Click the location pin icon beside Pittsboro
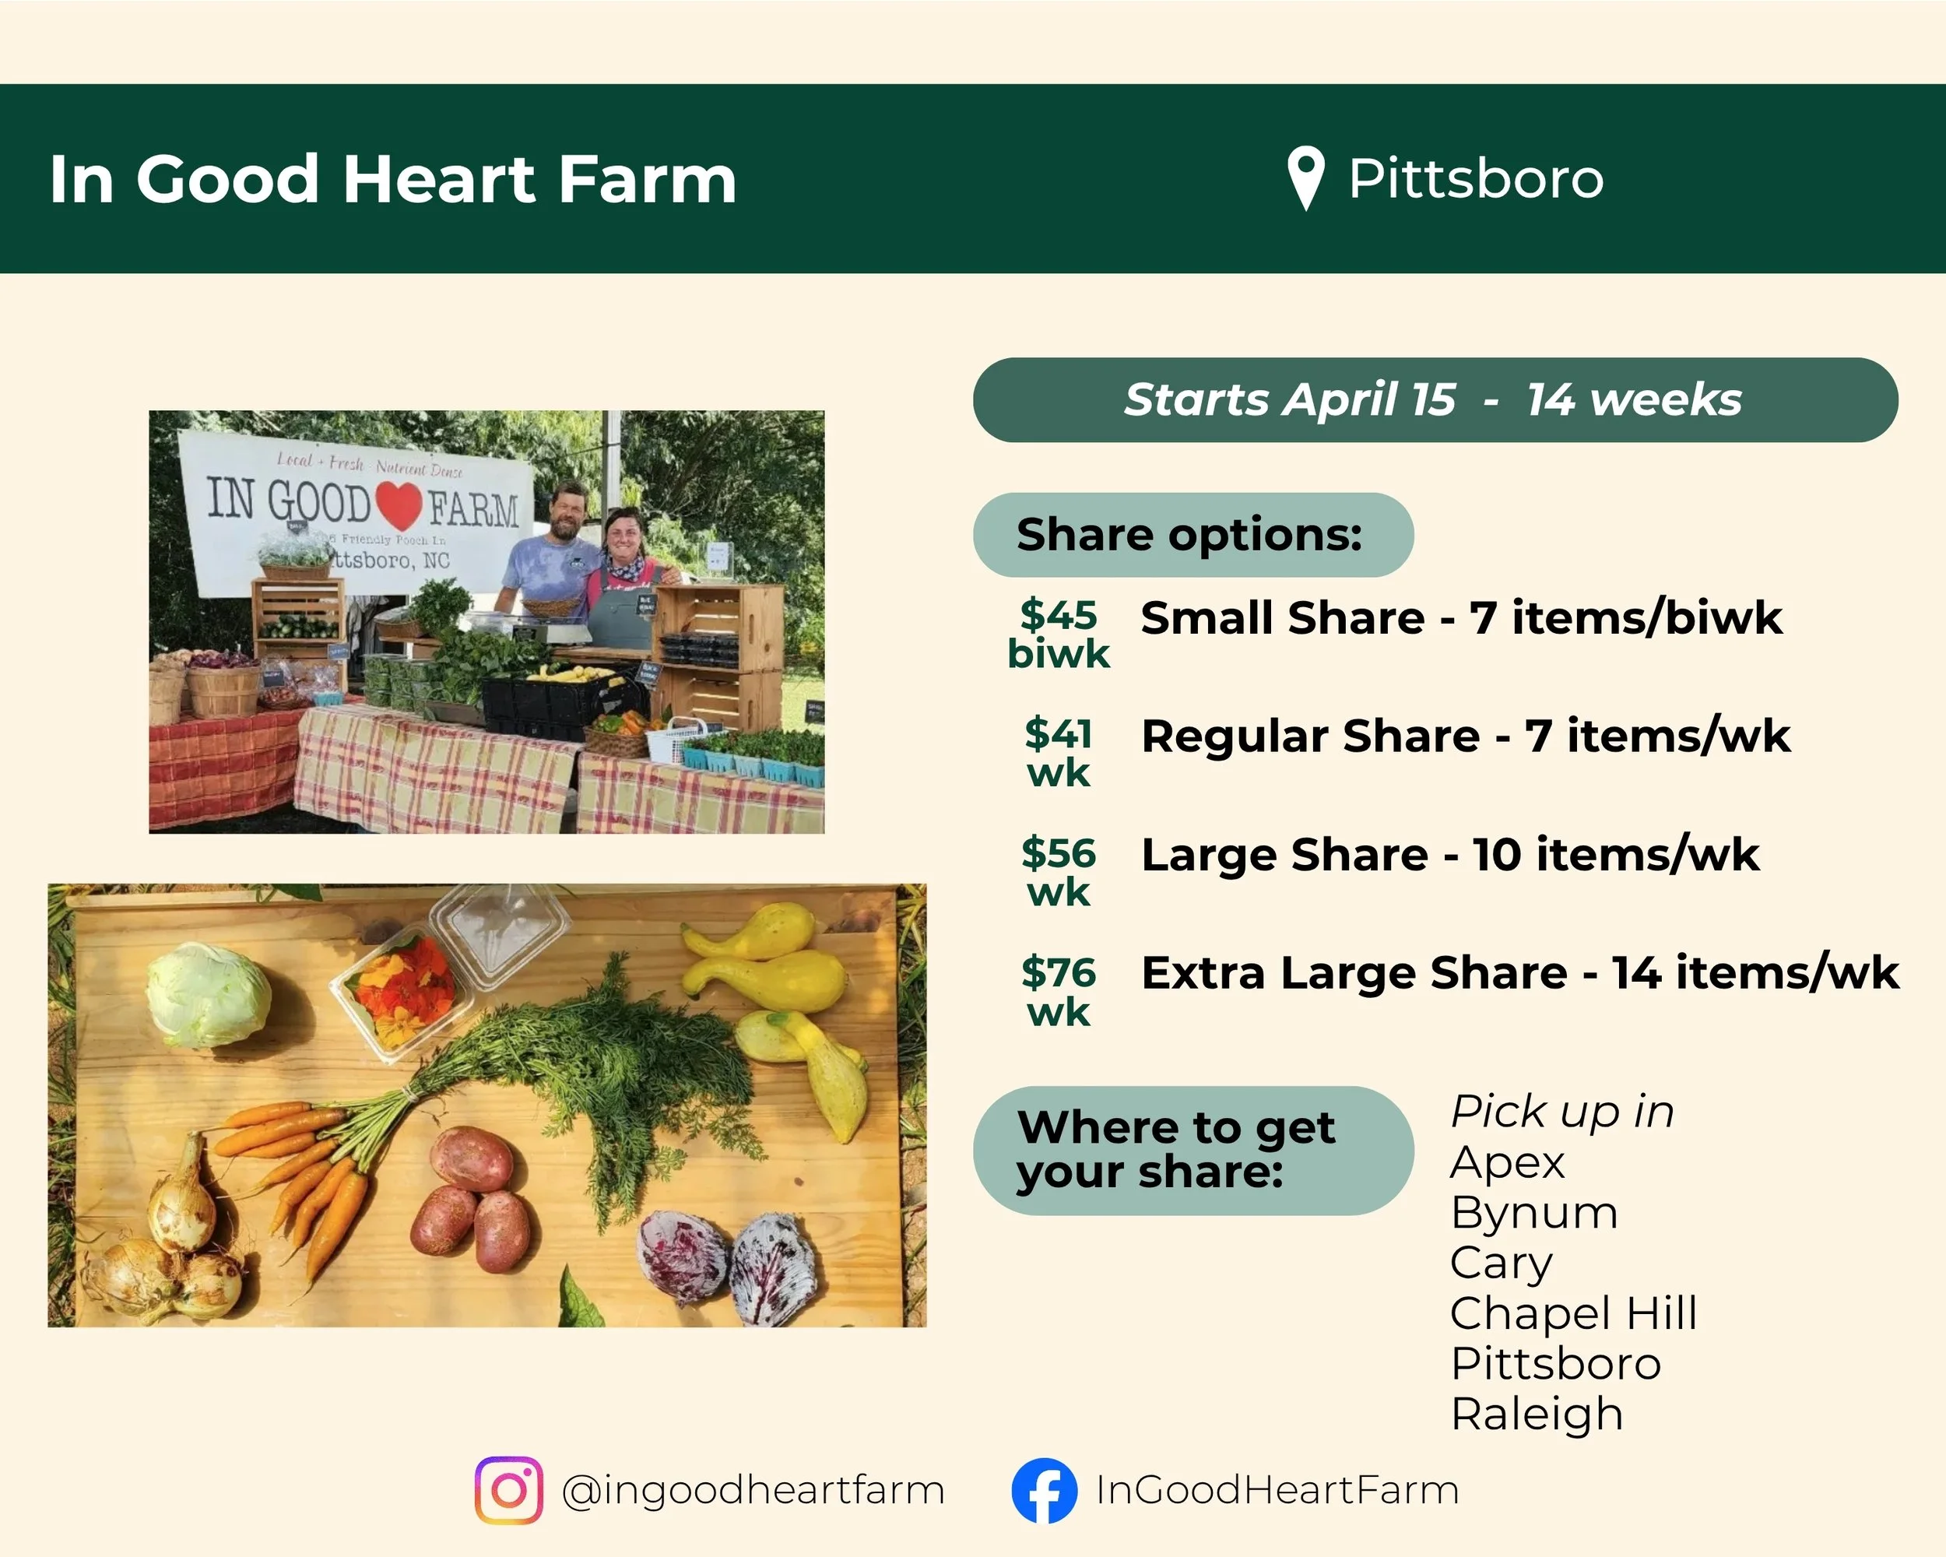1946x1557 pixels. pyautogui.click(x=1305, y=176)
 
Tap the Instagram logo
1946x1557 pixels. pyautogui.click(x=508, y=1490)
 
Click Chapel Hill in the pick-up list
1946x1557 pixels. pyautogui.click(x=1573, y=1313)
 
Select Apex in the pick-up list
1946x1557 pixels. pyautogui.click(x=1506, y=1162)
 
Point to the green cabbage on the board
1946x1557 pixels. pyautogui.click(x=209, y=995)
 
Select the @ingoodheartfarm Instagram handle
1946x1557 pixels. pyautogui.click(x=752, y=1490)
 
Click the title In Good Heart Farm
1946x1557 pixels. pyautogui.click(x=392, y=180)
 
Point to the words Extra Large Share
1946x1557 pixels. pyautogui.click(x=1353, y=973)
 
